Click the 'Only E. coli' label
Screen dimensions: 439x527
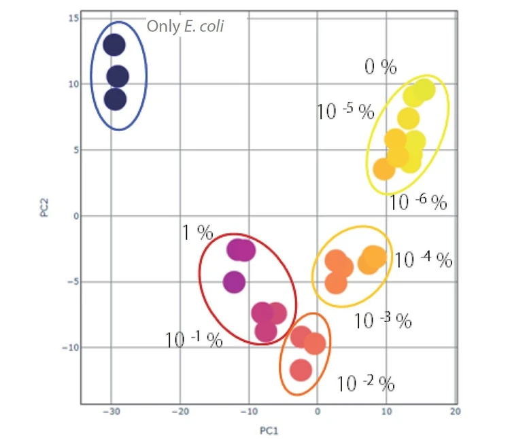tap(186, 27)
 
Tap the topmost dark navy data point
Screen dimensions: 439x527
tap(114, 46)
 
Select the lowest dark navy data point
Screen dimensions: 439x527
tap(116, 99)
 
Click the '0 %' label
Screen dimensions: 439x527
tap(380, 67)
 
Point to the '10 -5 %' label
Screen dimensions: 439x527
tap(345, 111)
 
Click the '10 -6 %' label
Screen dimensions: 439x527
tap(418, 202)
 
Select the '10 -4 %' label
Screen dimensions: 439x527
tap(423, 260)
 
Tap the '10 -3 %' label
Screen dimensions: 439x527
tap(382, 321)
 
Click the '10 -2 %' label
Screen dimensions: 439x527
tap(365, 384)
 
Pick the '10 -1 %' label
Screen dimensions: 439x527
tap(194, 340)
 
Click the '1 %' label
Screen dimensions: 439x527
tap(197, 233)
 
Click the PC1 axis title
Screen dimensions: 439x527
tap(269, 432)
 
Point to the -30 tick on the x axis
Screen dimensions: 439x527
tap(111, 412)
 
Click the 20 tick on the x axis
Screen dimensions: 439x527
tap(455, 412)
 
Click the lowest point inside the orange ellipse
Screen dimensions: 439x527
tap(301, 370)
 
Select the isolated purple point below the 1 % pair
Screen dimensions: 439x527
tap(234, 282)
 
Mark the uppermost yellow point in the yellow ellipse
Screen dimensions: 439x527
tap(425, 90)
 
